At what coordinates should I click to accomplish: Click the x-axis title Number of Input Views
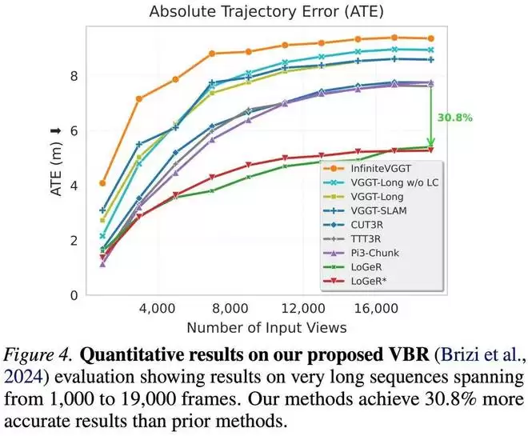tap(266, 327)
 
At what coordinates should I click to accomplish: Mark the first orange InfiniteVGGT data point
tap(102, 183)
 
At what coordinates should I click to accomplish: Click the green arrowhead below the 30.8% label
tap(431, 145)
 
